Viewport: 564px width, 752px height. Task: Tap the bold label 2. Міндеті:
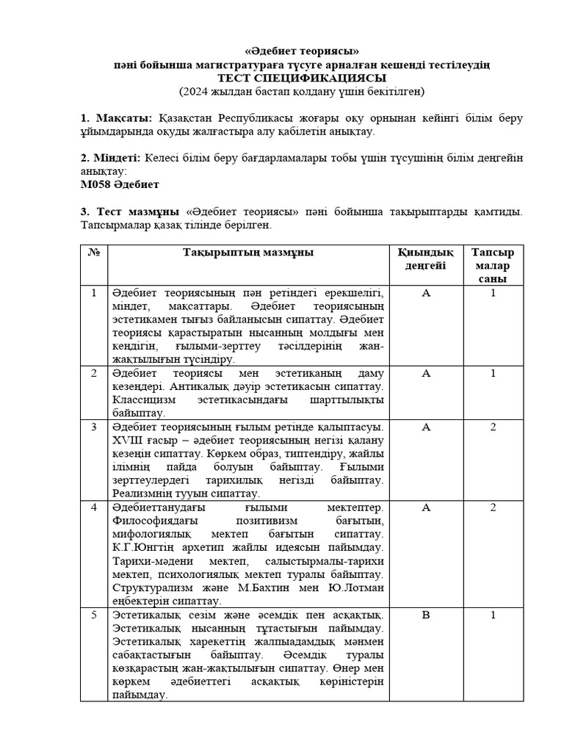pyautogui.click(x=111, y=158)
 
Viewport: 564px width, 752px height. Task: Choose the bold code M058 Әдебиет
pyautogui.click(x=120, y=184)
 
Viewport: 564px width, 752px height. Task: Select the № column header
pyautogui.click(x=94, y=253)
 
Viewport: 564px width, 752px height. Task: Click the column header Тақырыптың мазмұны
pyautogui.click(x=248, y=253)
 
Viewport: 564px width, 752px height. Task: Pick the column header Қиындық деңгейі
pyautogui.click(x=425, y=258)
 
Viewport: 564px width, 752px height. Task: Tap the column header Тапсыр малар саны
pyautogui.click(x=493, y=265)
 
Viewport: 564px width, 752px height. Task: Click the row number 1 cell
pyautogui.click(x=94, y=293)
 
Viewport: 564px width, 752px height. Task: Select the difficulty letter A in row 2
pyautogui.click(x=425, y=373)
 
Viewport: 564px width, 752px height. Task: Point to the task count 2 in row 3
pyautogui.click(x=493, y=427)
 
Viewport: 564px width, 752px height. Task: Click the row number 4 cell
pyautogui.click(x=94, y=507)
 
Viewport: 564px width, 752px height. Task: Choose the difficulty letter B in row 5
pyautogui.click(x=425, y=615)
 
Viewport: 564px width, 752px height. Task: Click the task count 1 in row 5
pyautogui.click(x=493, y=615)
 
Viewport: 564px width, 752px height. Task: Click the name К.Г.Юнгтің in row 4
pyautogui.click(x=144, y=548)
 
